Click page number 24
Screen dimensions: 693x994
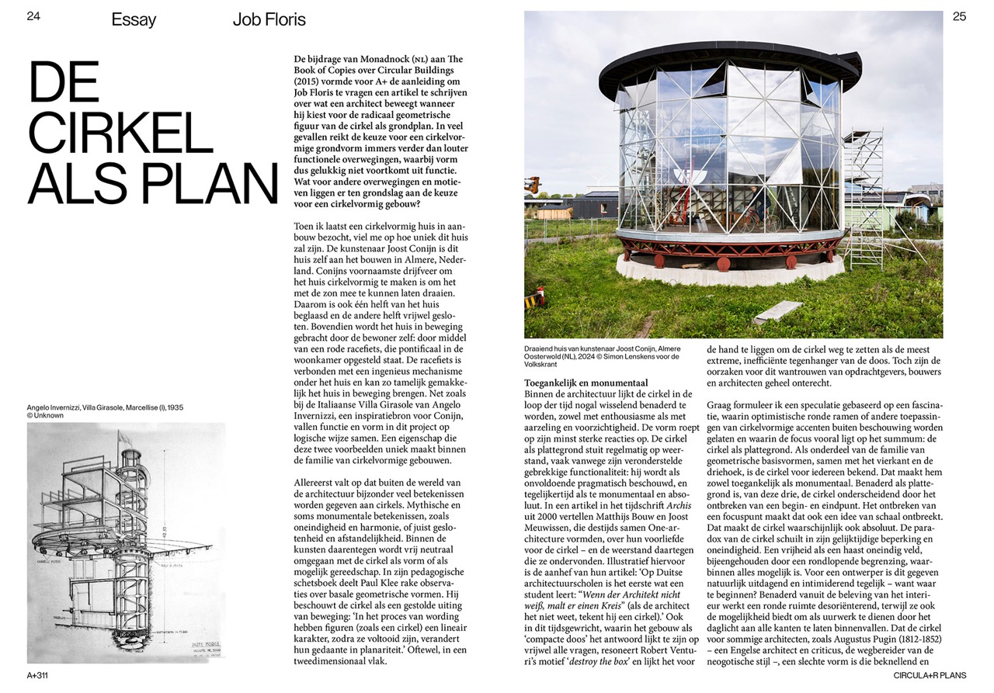click(33, 16)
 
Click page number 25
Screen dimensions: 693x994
click(959, 16)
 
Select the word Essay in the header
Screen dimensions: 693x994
click(134, 19)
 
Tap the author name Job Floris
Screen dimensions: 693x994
click(269, 19)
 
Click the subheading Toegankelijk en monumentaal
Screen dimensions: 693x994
click(586, 383)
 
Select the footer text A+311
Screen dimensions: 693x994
click(37, 675)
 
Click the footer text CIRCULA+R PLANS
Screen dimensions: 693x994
click(930, 675)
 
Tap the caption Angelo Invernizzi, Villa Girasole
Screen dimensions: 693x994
click(105, 407)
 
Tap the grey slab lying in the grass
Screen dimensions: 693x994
click(777, 311)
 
